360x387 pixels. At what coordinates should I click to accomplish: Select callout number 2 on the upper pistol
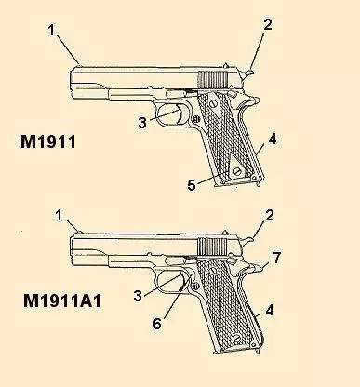click(267, 25)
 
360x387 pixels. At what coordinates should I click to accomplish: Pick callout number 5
click(193, 185)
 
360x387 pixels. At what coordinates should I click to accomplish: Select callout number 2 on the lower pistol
click(269, 217)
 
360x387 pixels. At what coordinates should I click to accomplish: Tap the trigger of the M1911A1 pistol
click(180, 280)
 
